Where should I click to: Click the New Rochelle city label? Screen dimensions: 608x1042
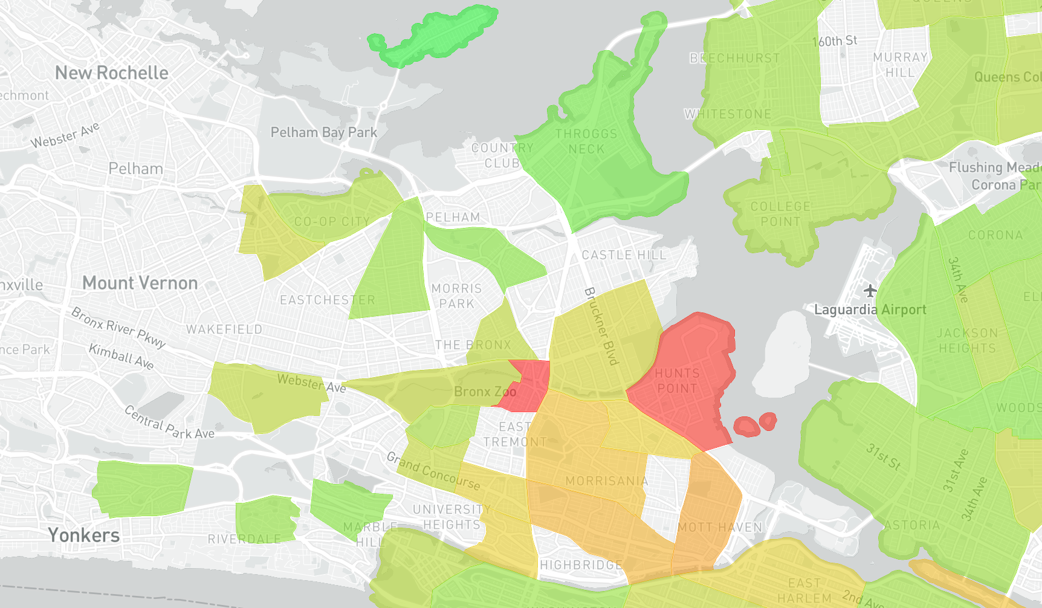click(x=112, y=73)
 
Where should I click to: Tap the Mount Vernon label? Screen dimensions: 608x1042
click(x=140, y=283)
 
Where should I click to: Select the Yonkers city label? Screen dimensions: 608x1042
click(x=84, y=535)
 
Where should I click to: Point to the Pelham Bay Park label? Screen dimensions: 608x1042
click(x=324, y=132)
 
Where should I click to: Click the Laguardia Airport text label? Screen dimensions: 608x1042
click(x=870, y=310)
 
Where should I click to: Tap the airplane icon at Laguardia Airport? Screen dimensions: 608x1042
click(x=870, y=291)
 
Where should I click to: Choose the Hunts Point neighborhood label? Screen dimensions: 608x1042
click(x=677, y=381)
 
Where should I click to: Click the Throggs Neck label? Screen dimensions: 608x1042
click(x=586, y=141)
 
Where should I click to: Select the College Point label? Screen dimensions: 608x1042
click(x=780, y=214)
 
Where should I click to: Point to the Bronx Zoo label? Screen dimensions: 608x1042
click(x=485, y=392)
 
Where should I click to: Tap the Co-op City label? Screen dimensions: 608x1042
click(x=332, y=222)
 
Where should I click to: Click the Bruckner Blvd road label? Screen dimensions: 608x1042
click(x=602, y=326)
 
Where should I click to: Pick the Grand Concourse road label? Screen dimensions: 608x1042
click(x=433, y=471)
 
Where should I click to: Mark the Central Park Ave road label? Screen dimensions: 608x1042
click(x=169, y=422)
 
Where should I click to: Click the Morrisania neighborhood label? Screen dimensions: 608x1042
click(x=607, y=481)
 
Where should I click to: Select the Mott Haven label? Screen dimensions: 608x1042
click(x=720, y=527)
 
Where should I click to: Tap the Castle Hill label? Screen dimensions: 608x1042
click(x=624, y=255)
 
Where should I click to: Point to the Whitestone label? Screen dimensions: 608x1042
click(x=728, y=114)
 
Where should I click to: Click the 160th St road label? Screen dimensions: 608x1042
click(x=835, y=41)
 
